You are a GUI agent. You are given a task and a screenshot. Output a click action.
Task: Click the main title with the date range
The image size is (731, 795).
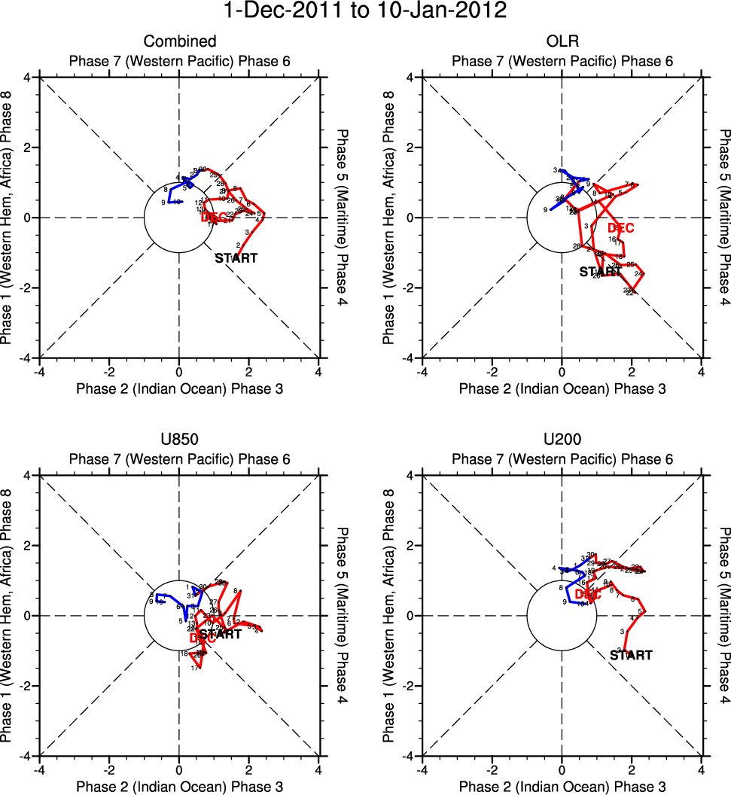coord(365,12)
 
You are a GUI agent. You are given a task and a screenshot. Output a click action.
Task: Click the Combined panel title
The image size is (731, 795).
coord(180,41)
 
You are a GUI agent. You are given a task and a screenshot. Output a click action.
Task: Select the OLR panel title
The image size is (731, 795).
coord(562,41)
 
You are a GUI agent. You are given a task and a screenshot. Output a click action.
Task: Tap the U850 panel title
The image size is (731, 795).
coord(179,440)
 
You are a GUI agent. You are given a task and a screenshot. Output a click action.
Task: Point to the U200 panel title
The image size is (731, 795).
coord(562,440)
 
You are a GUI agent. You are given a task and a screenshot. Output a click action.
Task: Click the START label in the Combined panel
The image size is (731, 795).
coord(236,258)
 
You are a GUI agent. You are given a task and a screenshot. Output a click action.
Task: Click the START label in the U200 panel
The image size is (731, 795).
coord(631,656)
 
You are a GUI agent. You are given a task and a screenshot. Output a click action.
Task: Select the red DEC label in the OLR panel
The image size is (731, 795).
coord(621,228)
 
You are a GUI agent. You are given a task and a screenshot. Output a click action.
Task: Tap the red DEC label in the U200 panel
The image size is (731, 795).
coord(588,595)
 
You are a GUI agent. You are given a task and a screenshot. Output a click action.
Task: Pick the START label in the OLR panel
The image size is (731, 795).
coord(601,272)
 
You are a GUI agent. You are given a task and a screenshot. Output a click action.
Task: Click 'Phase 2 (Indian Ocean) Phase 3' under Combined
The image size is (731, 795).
coord(179,388)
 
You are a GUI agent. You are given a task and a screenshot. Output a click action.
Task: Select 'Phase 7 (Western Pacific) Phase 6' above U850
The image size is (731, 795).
coord(179,458)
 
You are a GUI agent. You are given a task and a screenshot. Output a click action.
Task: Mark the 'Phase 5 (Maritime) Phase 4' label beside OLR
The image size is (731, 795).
coord(724,218)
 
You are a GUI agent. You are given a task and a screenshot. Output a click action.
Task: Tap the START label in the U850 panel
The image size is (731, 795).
coord(220,635)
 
